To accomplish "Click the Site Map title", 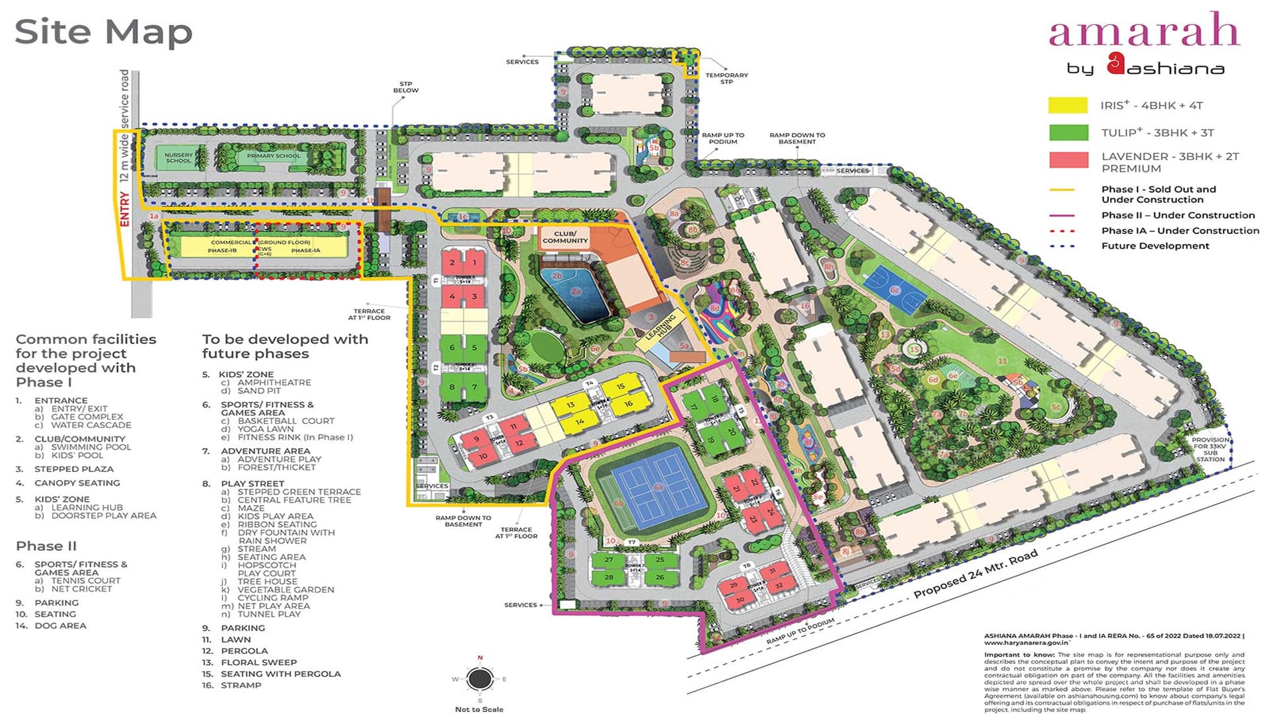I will (103, 32).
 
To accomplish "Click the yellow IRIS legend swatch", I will (1067, 105).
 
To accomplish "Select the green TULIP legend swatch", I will (1067, 132).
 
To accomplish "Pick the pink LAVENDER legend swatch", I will (1067, 160).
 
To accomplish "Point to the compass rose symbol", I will (479, 679).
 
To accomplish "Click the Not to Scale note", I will (479, 709).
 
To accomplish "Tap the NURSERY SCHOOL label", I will (178, 157).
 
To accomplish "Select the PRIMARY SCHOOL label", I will (274, 156).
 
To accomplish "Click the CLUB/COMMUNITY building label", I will (565, 237).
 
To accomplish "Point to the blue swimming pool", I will (574, 294).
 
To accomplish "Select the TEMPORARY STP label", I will (726, 78).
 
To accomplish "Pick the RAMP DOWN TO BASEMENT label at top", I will (797, 138).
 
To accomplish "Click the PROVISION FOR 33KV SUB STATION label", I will (1210, 449).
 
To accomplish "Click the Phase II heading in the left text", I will (46, 546).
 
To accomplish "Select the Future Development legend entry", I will (1155, 246).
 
